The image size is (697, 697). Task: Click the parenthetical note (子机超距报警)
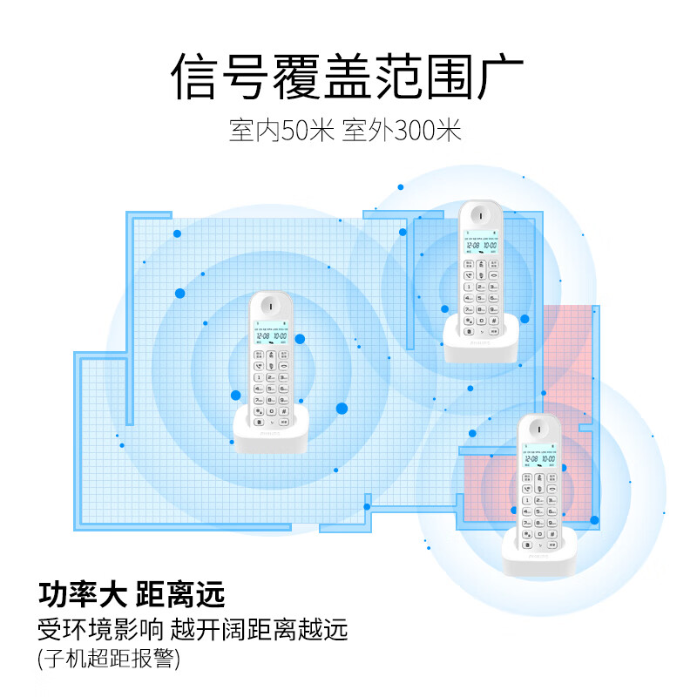click(x=108, y=659)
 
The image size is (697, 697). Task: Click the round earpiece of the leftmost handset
click(x=270, y=308)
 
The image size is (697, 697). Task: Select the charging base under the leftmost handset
click(x=271, y=433)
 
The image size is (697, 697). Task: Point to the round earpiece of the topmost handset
click(x=480, y=213)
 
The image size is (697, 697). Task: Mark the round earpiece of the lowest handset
click(x=538, y=426)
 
